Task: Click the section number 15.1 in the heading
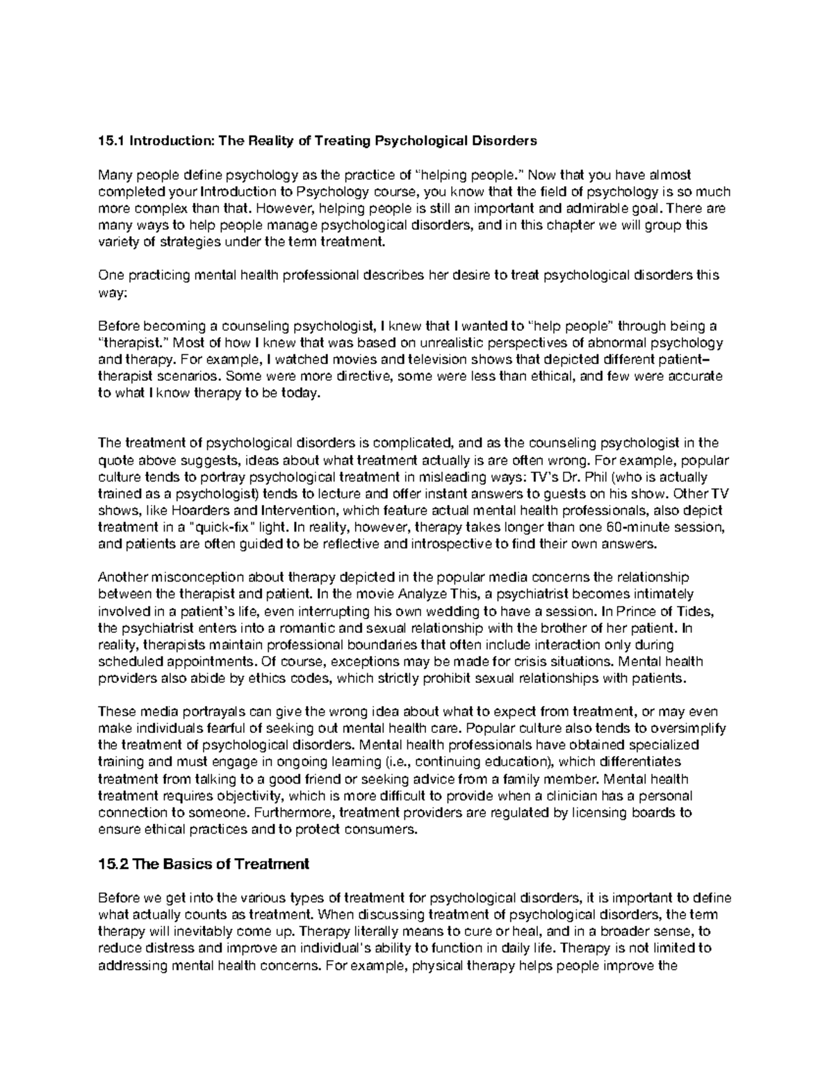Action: [110, 141]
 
